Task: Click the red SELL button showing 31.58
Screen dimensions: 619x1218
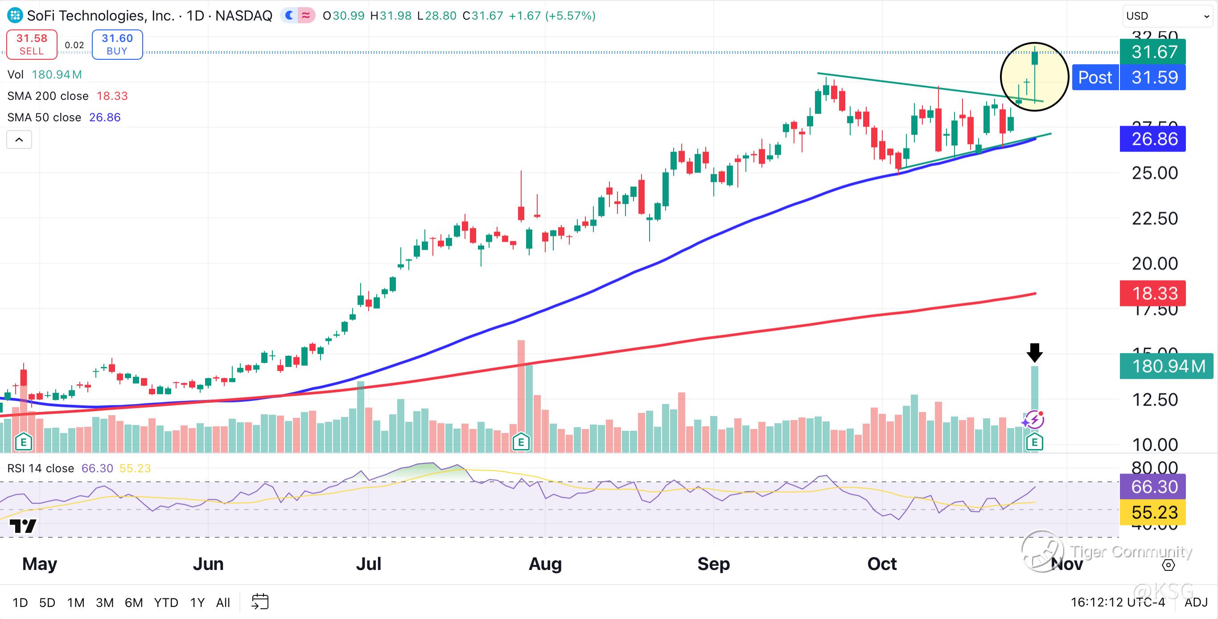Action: pos(32,45)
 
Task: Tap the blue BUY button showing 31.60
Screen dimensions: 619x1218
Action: pos(117,45)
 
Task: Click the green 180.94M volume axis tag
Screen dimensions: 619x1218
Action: pos(1166,366)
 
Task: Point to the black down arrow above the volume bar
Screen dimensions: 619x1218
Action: pos(1035,352)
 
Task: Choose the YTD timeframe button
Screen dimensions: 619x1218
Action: pos(166,602)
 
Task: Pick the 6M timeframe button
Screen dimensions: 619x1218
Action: pos(134,602)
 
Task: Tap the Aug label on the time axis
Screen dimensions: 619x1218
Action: pos(545,564)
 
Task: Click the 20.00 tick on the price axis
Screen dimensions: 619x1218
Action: pos(1155,264)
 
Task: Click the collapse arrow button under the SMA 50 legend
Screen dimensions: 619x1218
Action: pos(19,140)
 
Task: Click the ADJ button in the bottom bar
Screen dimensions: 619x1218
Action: pos(1196,602)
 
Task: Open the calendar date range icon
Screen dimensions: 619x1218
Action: pos(260,602)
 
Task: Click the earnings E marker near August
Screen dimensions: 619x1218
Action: pos(521,442)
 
